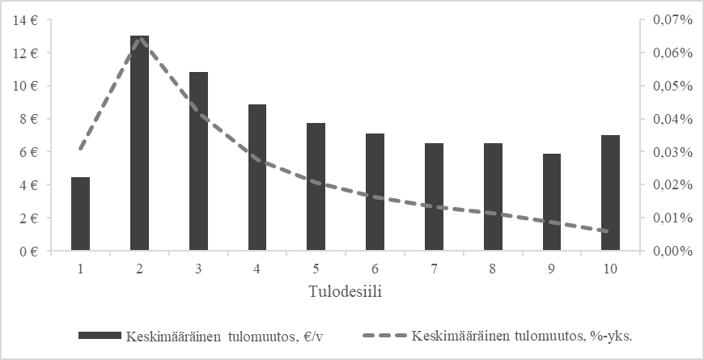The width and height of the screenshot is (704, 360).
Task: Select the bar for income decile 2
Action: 140,143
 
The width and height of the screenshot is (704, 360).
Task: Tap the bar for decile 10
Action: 612,193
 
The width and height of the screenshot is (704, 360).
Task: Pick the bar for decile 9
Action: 553,202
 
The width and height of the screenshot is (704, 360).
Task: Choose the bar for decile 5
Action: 317,187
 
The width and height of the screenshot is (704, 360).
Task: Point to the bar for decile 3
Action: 199,161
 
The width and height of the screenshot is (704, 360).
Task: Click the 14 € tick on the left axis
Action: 28,20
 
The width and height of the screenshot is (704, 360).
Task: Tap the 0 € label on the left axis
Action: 31,251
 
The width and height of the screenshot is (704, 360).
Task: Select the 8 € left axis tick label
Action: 31,119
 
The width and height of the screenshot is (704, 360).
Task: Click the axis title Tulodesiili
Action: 346,291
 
